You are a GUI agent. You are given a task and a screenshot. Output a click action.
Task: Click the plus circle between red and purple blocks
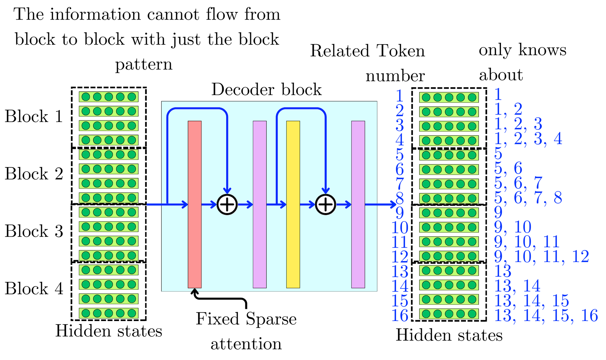pyautogui.click(x=227, y=204)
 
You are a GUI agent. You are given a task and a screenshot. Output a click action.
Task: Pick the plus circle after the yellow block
pyautogui.click(x=326, y=204)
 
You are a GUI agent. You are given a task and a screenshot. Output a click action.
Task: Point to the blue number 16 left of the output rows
pyautogui.click(x=400, y=316)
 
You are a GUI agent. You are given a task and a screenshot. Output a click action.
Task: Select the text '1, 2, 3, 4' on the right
pyautogui.click(x=528, y=139)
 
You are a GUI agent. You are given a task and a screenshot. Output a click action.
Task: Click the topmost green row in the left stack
pyautogui.click(x=109, y=97)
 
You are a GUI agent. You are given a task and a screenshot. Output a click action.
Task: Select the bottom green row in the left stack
pyautogui.click(x=109, y=313)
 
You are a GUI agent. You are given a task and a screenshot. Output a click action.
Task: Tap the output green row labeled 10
pyautogui.click(x=449, y=227)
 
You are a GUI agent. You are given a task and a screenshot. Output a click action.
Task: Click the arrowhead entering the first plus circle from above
pyautogui.click(x=227, y=191)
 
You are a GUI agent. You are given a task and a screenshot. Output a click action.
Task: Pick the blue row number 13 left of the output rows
pyautogui.click(x=400, y=271)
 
